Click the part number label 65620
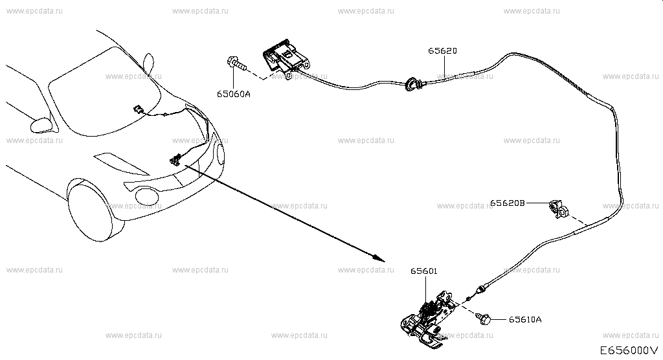442,51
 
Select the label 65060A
233,94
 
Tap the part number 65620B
508,203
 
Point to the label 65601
423,271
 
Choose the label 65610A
524,319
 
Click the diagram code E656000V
629,350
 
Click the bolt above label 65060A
237,64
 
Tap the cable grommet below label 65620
411,84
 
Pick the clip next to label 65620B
559,209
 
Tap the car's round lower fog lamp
146,195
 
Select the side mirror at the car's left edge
41,125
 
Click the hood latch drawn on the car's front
175,160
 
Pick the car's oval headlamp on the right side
220,154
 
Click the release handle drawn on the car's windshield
139,109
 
